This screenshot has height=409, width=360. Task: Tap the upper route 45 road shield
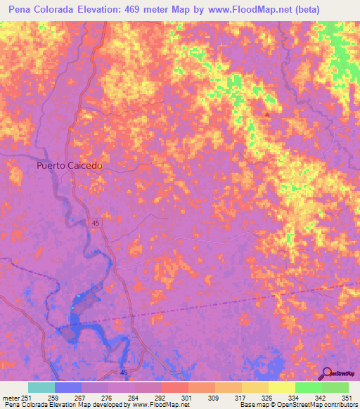tap(95, 223)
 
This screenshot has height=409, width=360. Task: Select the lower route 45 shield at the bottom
tap(123, 372)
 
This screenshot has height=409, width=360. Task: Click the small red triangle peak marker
tap(266, 114)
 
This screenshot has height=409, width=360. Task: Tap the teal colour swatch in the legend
tap(41, 387)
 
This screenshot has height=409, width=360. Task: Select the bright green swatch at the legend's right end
tap(335, 387)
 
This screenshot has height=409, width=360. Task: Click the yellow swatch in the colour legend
tap(281, 387)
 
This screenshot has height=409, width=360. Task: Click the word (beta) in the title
tap(308, 10)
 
